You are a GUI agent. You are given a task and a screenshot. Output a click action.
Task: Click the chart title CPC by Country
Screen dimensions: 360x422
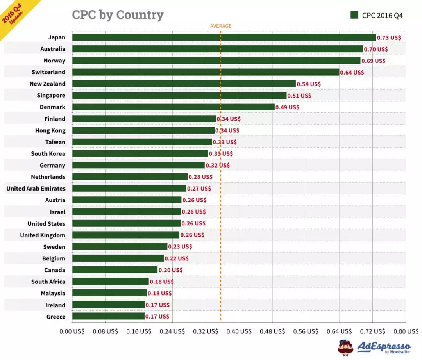coord(118,15)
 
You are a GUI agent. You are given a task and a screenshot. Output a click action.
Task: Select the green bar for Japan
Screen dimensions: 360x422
coord(224,37)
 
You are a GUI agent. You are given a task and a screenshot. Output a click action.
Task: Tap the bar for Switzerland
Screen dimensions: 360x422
coord(206,72)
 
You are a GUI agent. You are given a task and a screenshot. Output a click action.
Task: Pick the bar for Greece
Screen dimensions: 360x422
coord(108,316)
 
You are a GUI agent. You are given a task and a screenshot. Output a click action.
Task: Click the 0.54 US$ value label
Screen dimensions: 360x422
coord(309,84)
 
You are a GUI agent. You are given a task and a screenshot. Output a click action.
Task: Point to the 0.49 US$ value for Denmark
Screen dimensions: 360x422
coord(287,107)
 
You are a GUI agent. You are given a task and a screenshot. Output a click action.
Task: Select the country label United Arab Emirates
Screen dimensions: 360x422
coord(36,189)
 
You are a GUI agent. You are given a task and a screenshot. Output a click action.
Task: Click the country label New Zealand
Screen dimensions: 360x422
coord(47,84)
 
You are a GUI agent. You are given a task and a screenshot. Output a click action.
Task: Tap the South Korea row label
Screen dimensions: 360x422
coord(48,154)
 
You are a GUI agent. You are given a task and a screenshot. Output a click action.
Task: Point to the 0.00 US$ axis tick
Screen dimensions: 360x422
coord(72,331)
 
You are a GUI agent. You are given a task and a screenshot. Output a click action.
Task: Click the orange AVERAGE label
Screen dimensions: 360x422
coord(221,26)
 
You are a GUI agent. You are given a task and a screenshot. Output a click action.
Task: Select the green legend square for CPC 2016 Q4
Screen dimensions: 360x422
coord(354,15)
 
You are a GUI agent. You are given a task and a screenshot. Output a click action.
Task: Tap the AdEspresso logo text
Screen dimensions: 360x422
coord(384,346)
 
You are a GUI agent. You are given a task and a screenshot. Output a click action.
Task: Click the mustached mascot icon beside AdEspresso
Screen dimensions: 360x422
coord(345,348)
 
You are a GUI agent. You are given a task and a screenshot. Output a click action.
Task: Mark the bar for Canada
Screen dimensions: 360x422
coord(115,270)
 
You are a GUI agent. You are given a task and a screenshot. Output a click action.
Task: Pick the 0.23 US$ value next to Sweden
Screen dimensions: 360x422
coord(180,247)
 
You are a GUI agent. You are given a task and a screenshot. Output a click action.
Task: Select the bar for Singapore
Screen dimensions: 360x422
coord(179,96)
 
